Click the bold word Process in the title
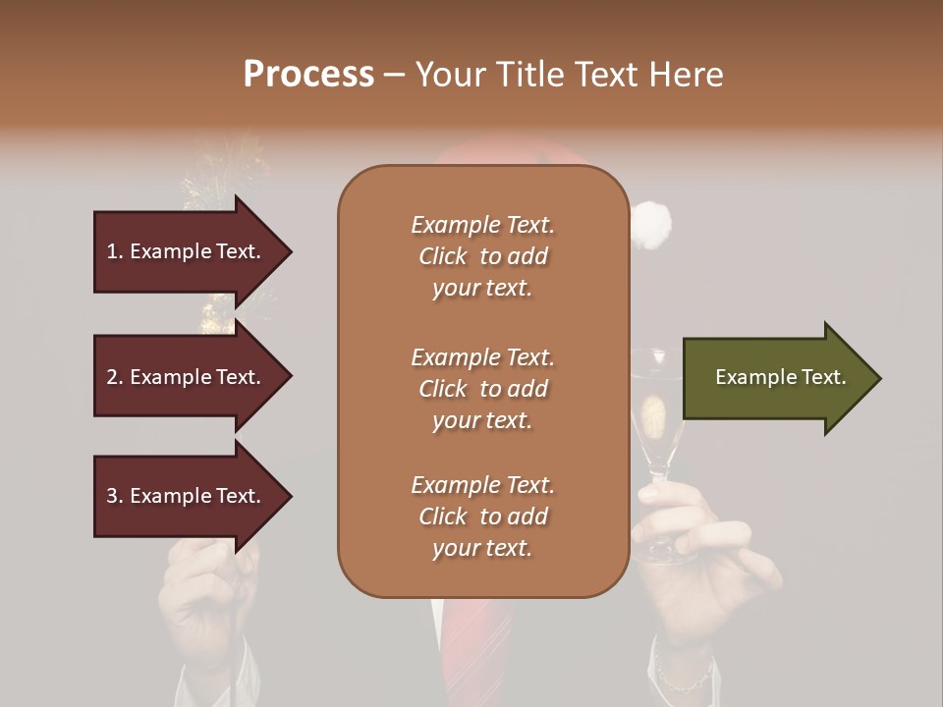coord(308,75)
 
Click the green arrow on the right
coord(776,378)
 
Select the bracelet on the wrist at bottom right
coord(685,678)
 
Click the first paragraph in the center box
coord(482,256)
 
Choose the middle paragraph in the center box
coord(482,389)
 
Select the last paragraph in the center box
coord(482,517)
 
